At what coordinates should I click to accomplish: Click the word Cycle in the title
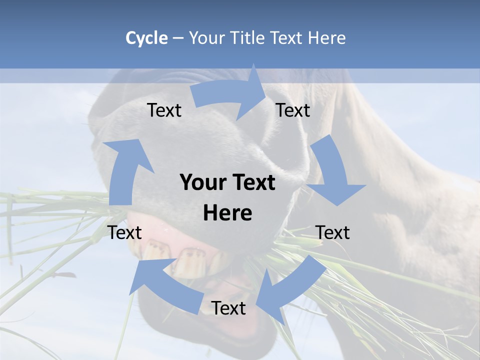[x=146, y=38]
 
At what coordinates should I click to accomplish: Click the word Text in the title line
[x=287, y=38]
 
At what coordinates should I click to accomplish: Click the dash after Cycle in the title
[x=178, y=38]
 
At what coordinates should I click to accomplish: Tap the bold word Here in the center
[x=227, y=213]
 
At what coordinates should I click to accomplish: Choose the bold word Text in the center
[x=252, y=182]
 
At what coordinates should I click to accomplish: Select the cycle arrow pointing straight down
[x=332, y=172]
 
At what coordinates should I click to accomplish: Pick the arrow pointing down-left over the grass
[x=285, y=290]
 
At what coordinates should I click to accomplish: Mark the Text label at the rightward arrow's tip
[x=292, y=110]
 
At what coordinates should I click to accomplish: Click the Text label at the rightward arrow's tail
[x=164, y=110]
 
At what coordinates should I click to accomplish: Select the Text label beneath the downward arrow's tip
[x=332, y=232]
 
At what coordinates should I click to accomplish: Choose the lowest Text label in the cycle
[x=228, y=308]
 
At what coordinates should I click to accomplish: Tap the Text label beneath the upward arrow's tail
[x=125, y=232]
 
